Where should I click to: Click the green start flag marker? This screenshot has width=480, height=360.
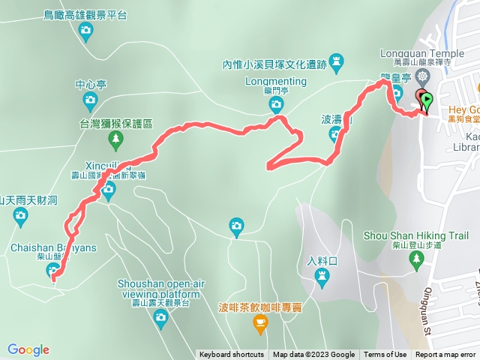pos(427,99)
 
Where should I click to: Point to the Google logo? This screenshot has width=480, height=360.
pos(28,349)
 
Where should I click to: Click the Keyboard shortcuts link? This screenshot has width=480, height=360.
pos(232,355)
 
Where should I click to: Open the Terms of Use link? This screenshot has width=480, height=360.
pos(385,355)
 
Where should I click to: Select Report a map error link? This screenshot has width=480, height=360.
pos(446,355)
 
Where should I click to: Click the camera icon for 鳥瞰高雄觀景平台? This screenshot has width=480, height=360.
pos(85,31)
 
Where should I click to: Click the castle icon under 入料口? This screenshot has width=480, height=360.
pos(322,278)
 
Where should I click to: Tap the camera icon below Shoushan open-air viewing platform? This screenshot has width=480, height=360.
pos(160,317)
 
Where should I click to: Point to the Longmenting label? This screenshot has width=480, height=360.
pos(275,81)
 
